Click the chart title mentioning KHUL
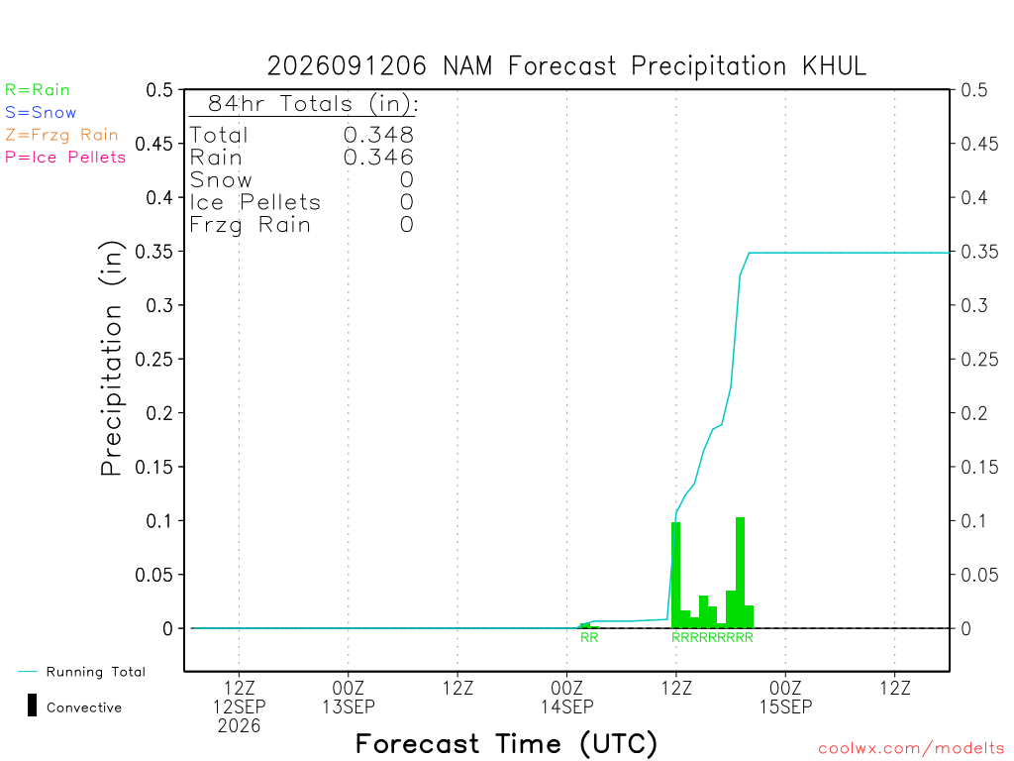[x=566, y=66]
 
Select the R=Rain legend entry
[x=38, y=90]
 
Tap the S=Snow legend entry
[x=41, y=113]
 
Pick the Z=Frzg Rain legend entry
[x=61, y=135]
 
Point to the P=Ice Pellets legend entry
[x=65, y=158]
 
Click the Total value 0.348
[x=378, y=135]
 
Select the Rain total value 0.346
[x=378, y=158]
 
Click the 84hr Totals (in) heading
[x=312, y=103]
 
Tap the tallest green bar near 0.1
[x=740, y=573]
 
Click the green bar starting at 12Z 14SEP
[x=675, y=576]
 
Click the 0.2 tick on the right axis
[x=974, y=413]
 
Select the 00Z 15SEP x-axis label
[x=785, y=697]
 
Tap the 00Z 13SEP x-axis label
[x=348, y=697]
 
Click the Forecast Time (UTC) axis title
[x=506, y=744]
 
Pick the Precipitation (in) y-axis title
[x=111, y=359]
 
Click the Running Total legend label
[x=96, y=672]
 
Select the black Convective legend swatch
[x=32, y=706]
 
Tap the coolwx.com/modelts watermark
[x=911, y=749]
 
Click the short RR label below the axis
[x=589, y=637]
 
